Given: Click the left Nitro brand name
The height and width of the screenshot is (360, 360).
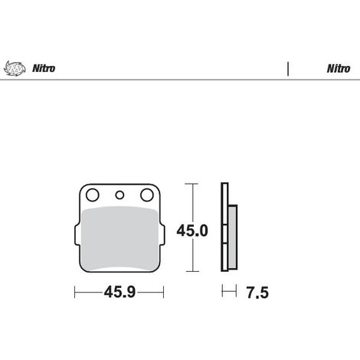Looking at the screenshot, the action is [x=44, y=68].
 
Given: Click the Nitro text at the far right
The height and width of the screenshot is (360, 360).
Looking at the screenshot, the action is [x=339, y=68].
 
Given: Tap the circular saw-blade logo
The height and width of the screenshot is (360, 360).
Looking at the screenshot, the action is [x=15, y=68].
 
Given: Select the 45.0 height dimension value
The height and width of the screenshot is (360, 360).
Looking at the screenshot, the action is [x=192, y=231].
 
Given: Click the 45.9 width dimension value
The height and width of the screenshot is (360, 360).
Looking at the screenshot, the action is [x=119, y=292].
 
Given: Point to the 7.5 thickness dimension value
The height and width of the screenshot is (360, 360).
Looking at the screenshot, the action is [x=257, y=293].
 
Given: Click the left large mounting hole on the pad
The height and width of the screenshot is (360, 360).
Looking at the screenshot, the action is [x=93, y=195].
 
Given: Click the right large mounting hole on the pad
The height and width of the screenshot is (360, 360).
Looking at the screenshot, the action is [x=147, y=195].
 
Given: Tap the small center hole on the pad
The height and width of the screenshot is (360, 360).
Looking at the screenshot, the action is [x=119, y=195].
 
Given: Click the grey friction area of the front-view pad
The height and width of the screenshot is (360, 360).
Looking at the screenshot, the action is [x=119, y=238].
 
